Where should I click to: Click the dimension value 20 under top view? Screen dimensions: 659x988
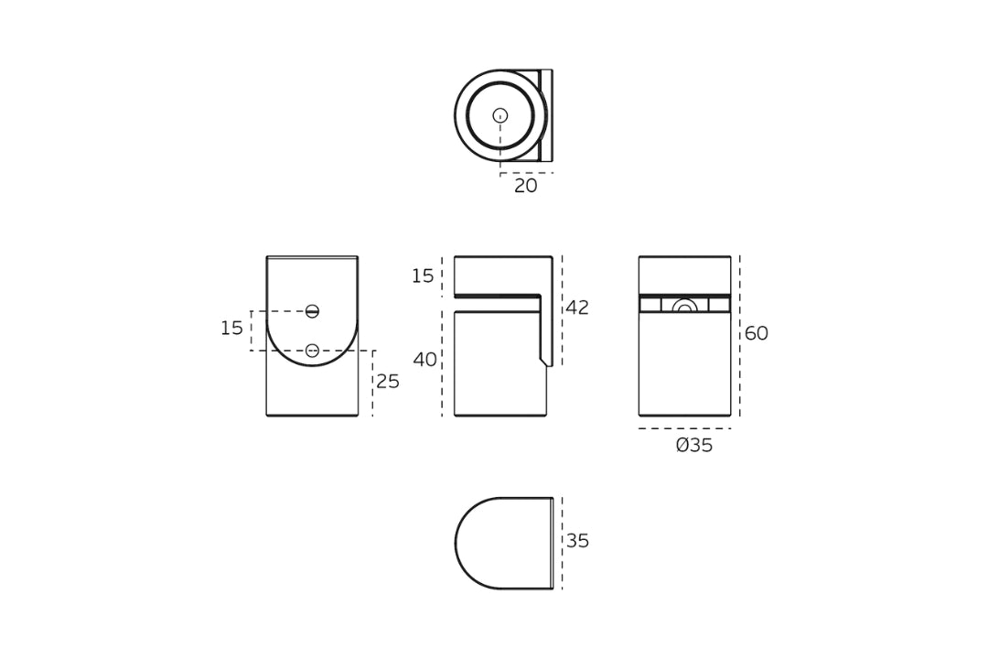tap(525, 186)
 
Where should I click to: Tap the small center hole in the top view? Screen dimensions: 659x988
tap(500, 115)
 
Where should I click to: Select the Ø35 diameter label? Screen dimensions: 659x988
tap(694, 446)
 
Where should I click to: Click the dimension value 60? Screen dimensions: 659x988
tap(756, 334)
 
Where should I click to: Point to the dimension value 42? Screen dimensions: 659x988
tap(577, 308)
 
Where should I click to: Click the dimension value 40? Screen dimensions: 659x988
tap(424, 360)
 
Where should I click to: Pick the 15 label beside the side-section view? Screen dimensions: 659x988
tap(423, 276)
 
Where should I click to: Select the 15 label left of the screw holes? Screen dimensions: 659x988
tap(231, 329)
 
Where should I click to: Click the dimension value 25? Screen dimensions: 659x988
tap(388, 382)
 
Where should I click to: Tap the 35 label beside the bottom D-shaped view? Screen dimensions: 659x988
tap(577, 541)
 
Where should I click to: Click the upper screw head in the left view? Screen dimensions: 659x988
tap(312, 311)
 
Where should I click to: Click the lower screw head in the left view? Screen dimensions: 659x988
tap(312, 351)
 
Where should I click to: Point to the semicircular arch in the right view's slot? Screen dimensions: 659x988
tap(684, 306)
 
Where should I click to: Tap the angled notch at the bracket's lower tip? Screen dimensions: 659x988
tap(546, 362)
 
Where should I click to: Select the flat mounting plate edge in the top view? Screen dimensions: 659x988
tap(546, 115)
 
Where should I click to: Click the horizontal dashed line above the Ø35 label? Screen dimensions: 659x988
tap(684, 428)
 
